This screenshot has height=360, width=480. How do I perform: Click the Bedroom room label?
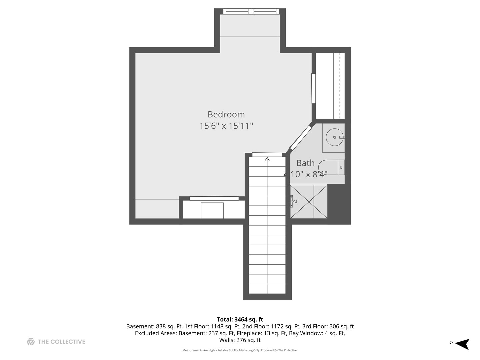226,114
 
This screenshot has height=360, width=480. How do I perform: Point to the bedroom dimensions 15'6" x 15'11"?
226,126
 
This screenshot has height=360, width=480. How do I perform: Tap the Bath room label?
305,163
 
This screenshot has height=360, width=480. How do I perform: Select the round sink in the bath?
335,137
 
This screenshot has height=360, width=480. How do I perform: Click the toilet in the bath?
331,167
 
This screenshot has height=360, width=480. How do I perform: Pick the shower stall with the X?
309,202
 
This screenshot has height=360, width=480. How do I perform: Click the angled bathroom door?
301,137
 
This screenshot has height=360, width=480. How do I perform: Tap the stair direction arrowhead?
267,159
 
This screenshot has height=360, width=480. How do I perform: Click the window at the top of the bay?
251,11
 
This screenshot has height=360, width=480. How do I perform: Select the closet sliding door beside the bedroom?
314,88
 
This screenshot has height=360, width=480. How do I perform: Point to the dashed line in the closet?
339,86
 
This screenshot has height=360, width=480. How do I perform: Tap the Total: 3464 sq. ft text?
240,320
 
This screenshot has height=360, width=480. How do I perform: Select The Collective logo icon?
31,342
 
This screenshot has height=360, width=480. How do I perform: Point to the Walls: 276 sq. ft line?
240,340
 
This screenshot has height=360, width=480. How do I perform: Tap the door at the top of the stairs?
267,155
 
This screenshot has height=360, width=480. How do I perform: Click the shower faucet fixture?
293,201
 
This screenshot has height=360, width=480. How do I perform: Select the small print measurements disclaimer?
240,350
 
